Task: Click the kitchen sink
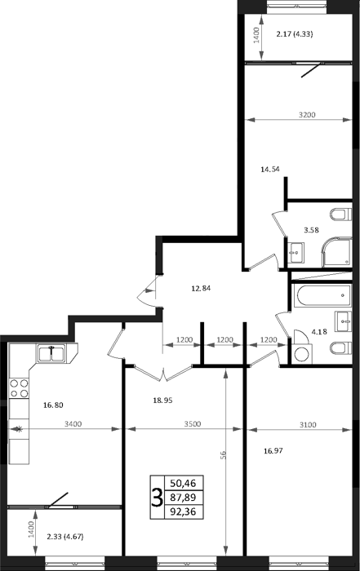point(51,353)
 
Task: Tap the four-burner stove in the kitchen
point(19,388)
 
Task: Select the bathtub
point(322,295)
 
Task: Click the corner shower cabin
point(336,251)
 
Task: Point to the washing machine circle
point(301,355)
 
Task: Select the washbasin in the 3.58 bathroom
point(296,252)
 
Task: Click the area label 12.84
point(201,289)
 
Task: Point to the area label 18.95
point(162,401)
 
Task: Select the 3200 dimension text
point(307,115)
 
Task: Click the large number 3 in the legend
point(157,498)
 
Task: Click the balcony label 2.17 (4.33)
point(295,34)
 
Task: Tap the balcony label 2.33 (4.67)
point(65,537)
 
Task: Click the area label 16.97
point(273,451)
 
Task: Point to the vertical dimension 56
point(224,455)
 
